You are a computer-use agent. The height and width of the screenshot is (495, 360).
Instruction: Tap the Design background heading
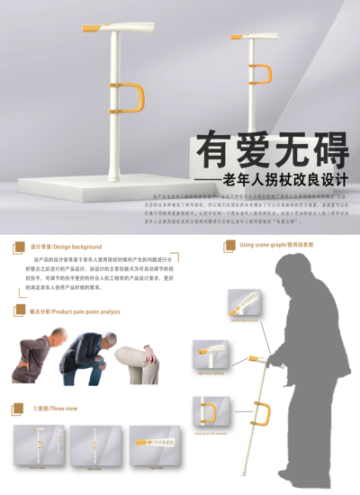tap(66, 246)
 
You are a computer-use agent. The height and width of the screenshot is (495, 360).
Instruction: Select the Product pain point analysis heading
tap(74, 311)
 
